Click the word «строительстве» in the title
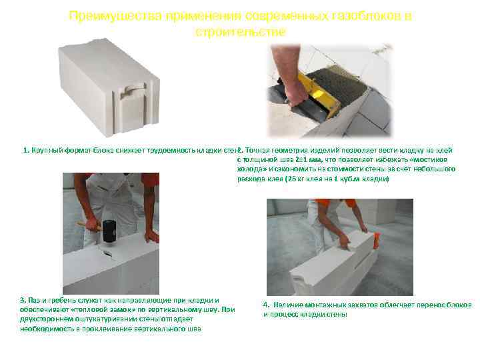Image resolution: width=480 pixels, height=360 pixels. [240, 31]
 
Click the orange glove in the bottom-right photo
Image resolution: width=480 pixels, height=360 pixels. [377, 238]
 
